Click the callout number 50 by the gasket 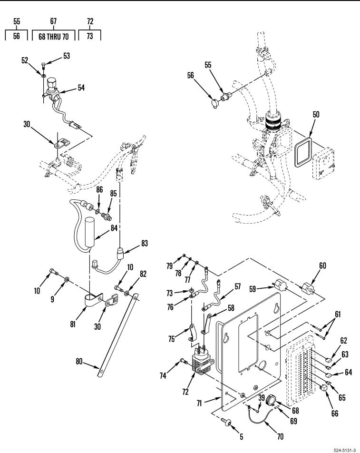pos(316,114)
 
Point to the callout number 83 pos(145,243)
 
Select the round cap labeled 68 pos(271,401)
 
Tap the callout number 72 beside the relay pos(185,392)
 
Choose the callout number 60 pos(322,265)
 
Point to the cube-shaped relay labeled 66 pos(325,388)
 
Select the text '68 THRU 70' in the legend pos(54,37)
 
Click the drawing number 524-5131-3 pos(345,451)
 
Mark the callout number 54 pos(81,88)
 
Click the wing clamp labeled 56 pos(215,103)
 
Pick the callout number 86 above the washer pos(99,189)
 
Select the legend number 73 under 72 pos(90,36)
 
